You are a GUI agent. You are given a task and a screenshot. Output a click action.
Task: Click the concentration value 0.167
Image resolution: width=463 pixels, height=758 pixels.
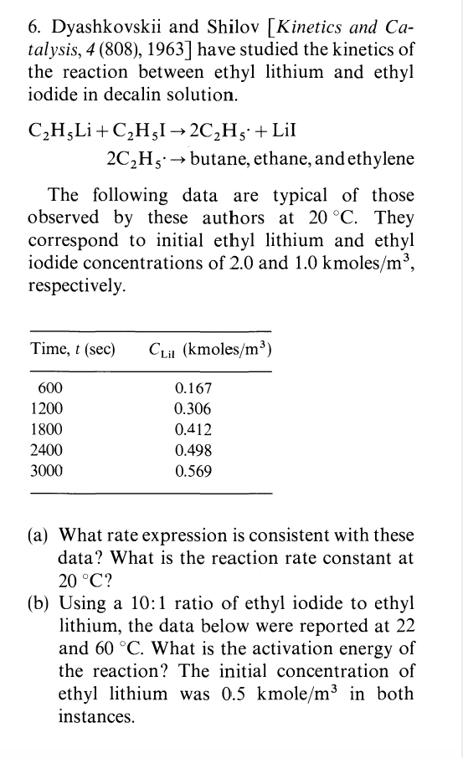pyautogui.click(x=194, y=389)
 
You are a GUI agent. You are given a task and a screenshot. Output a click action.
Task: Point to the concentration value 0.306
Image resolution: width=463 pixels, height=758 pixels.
pyautogui.click(x=194, y=410)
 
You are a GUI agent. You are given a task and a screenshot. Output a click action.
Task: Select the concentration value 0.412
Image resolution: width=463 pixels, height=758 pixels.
pyautogui.click(x=194, y=430)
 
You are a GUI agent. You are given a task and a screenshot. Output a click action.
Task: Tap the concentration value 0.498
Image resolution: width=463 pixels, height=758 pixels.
pyautogui.click(x=194, y=451)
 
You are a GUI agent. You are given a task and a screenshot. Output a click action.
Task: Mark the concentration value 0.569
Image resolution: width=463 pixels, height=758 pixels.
pyautogui.click(x=194, y=471)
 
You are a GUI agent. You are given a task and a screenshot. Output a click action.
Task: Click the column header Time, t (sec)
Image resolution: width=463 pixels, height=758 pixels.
pyautogui.click(x=73, y=348)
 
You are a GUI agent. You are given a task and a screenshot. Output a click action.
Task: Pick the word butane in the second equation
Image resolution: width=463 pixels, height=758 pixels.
pyautogui.click(x=219, y=160)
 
